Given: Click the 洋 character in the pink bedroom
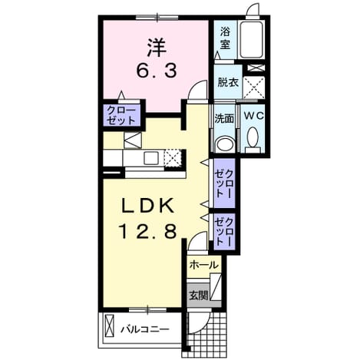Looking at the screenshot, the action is click(157, 48).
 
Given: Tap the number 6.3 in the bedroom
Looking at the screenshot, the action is click(157, 71).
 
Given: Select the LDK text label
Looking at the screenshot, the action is click(147, 206).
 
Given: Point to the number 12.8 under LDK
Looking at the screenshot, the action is click(147, 231).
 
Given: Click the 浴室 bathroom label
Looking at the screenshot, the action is click(225, 39).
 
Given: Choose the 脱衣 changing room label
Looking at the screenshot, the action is click(228, 82).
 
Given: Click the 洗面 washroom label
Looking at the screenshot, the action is click(224, 118).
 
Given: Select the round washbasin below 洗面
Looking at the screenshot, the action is click(225, 144).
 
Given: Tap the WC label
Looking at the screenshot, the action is click(253, 116).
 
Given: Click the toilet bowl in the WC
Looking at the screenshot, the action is click(253, 137).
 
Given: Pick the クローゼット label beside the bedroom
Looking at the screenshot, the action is click(121, 115).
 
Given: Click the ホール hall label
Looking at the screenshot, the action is click(204, 265).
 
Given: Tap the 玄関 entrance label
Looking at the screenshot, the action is click(199, 296).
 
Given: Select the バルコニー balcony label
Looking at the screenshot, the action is click(145, 329).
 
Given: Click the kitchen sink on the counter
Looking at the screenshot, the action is click(151, 158).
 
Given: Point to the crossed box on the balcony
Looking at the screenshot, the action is click(109, 326).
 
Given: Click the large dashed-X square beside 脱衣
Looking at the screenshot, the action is click(253, 88).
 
